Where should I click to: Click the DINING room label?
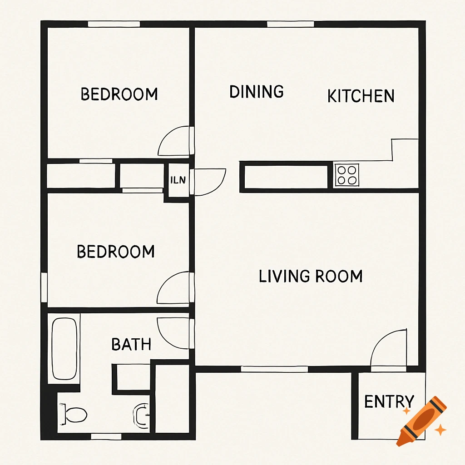pyautogui.click(x=257, y=92)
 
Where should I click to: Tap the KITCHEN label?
pyautogui.click(x=361, y=96)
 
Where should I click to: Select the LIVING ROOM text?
pyautogui.click(x=311, y=276)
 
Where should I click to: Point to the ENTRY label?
pyautogui.click(x=389, y=401)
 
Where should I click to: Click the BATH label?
pyautogui.click(x=131, y=344)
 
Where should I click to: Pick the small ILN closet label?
pyautogui.click(x=178, y=180)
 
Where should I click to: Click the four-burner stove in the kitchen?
pyautogui.click(x=347, y=175)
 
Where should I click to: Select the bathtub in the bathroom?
pyautogui.click(x=64, y=349)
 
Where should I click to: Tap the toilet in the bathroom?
pyautogui.click(x=75, y=414)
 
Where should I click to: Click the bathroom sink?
pyautogui.click(x=142, y=414)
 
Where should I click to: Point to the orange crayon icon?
pyautogui.click(x=421, y=420)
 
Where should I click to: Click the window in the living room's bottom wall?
pyautogui.click(x=274, y=369)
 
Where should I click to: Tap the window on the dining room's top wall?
pyautogui.click(x=291, y=24)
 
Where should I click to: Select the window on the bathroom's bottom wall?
pyautogui.click(x=106, y=436)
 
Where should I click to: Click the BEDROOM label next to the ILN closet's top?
pyautogui.click(x=119, y=94)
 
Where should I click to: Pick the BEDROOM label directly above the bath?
pyautogui.click(x=116, y=252)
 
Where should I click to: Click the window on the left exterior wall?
pyautogui.click(x=44, y=287)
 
